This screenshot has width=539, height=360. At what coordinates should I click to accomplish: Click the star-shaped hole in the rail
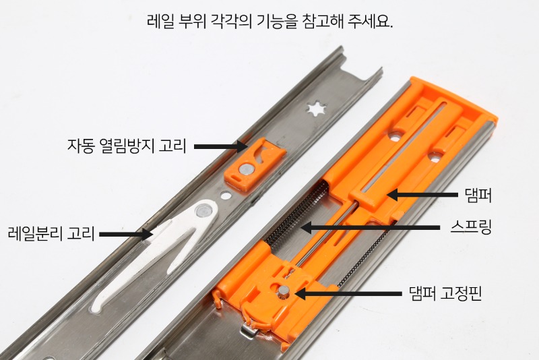click(314, 108)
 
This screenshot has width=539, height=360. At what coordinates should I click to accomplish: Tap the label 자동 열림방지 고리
click(126, 146)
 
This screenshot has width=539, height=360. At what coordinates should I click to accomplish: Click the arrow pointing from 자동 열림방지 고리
click(216, 146)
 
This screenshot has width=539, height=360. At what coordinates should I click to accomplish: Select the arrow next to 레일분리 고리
click(126, 234)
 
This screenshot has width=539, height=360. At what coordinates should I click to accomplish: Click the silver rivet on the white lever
click(201, 212)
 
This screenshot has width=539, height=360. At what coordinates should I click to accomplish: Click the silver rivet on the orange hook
click(249, 166)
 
